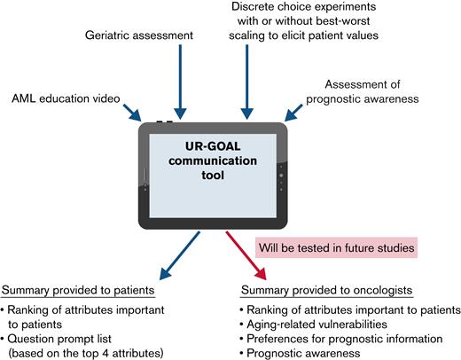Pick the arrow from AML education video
pyautogui.click(x=124, y=112)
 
